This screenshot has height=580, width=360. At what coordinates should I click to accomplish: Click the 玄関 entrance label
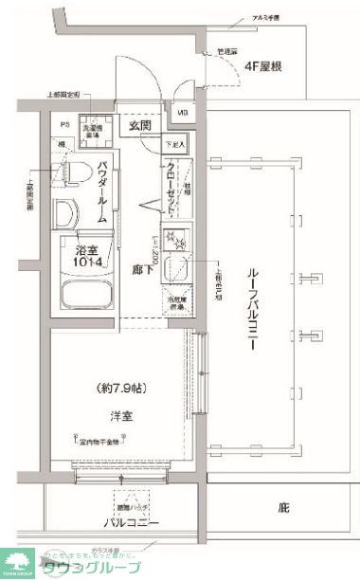(x=139, y=124)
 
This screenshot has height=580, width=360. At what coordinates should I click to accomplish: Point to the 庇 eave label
(x=282, y=508)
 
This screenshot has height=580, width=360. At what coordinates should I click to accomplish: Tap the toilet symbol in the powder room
(x=66, y=172)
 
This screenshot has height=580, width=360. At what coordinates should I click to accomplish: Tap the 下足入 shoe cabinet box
(x=176, y=145)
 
